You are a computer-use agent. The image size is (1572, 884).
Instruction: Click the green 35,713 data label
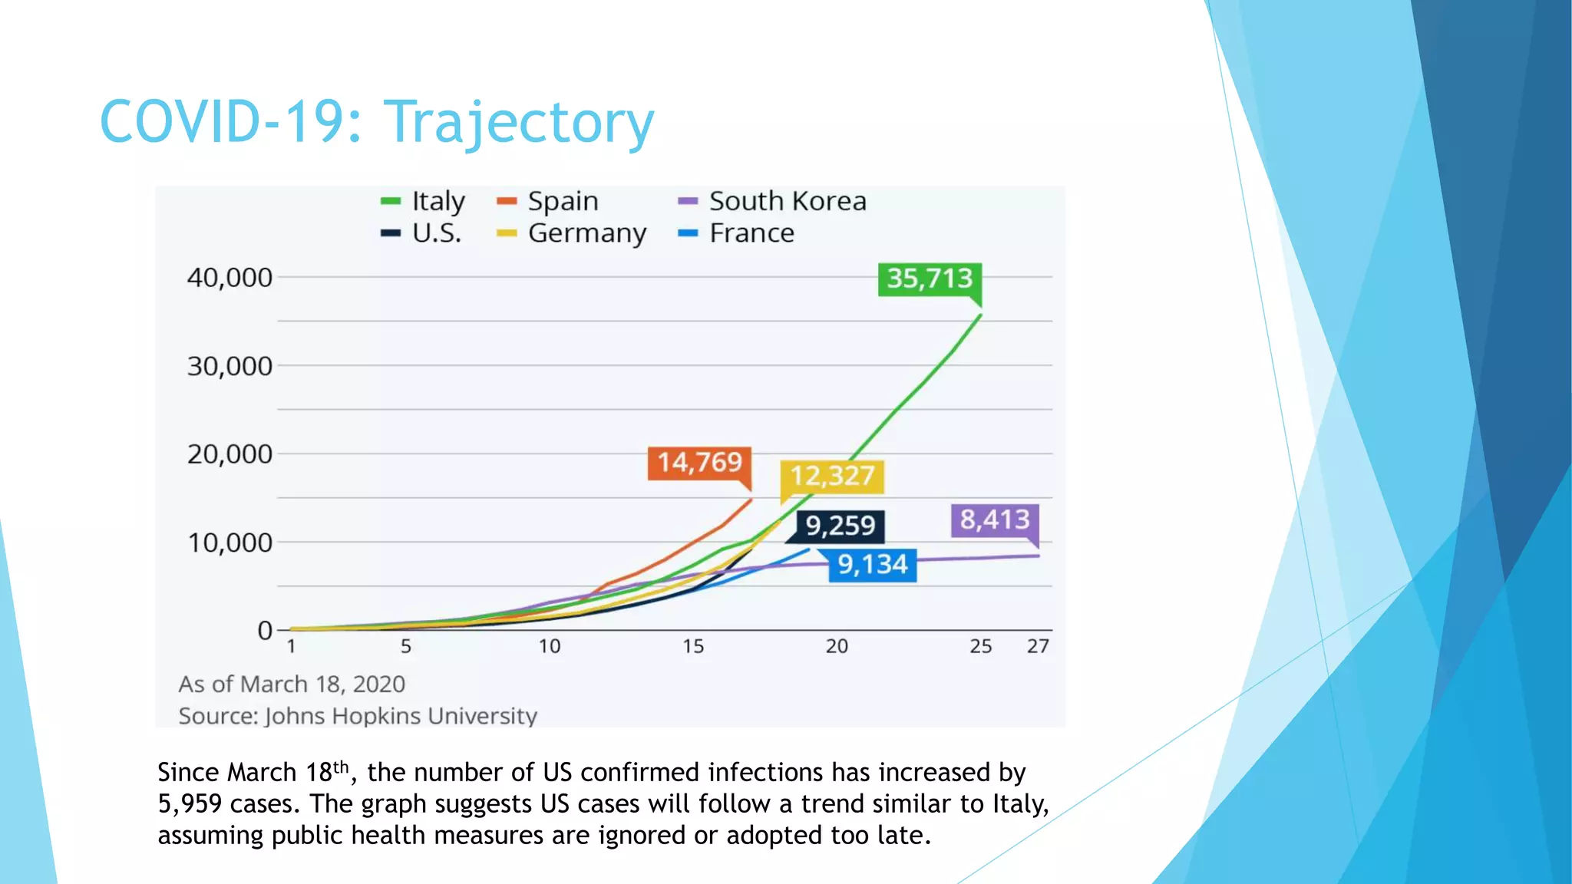(930, 279)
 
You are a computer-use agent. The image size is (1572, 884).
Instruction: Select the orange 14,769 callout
(699, 463)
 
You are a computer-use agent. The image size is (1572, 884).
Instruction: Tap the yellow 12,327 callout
(832, 477)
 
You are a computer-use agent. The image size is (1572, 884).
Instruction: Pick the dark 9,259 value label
(840, 526)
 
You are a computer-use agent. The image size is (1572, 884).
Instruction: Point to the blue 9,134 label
(873, 565)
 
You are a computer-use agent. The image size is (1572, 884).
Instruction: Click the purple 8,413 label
(995, 520)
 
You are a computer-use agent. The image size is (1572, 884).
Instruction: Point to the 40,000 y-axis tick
(230, 278)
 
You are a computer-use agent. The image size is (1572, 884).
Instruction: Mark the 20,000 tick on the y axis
(230, 454)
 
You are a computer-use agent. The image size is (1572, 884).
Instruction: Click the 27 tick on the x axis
(1038, 647)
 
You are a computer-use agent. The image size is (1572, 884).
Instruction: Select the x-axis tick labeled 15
(693, 647)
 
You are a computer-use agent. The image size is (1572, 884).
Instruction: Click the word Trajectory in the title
(519, 123)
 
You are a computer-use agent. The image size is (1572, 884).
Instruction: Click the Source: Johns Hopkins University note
(358, 716)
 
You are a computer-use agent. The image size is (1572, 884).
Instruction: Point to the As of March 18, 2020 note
(292, 684)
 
